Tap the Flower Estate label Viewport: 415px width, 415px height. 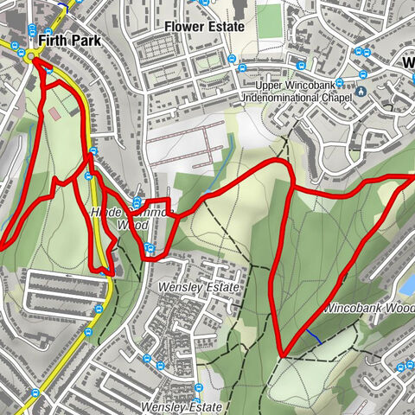coord(205,27)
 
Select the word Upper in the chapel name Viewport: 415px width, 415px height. coord(273,86)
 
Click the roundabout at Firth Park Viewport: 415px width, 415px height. coord(34,57)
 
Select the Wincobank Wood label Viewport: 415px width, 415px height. coord(370,308)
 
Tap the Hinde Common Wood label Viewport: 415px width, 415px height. coord(121,218)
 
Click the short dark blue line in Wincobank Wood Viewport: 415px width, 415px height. coord(313,336)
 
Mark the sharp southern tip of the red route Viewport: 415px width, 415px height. coord(282,354)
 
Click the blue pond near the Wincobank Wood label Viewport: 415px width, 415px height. coord(408,284)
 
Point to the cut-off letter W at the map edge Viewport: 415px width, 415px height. coord(409,62)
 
